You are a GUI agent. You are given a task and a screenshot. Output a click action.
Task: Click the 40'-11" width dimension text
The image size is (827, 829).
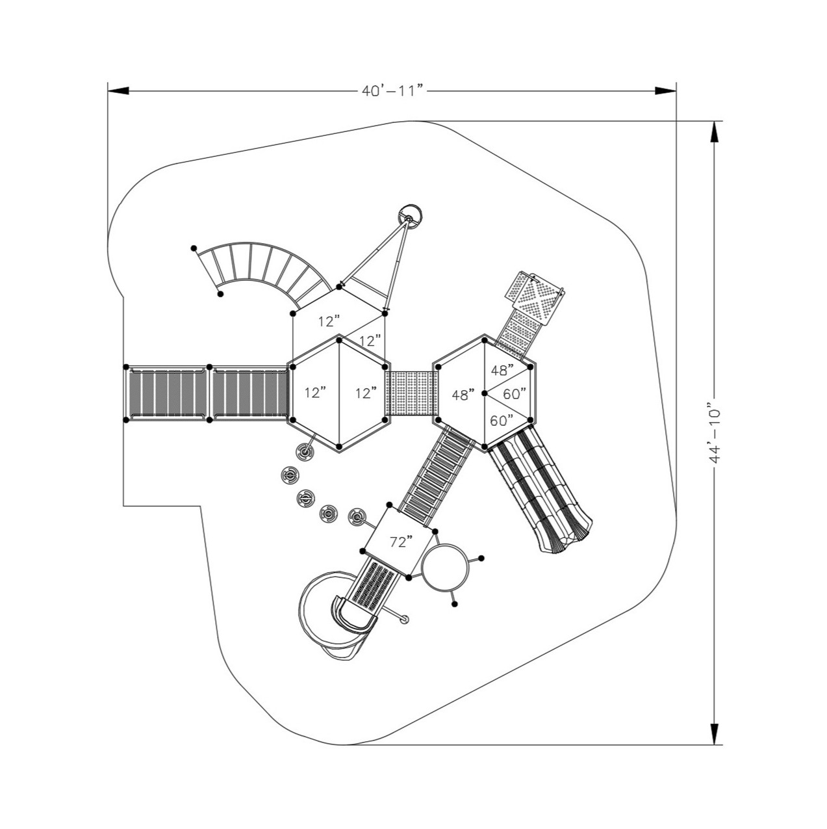[392, 90]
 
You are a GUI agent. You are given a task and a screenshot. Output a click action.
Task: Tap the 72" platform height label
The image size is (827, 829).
[401, 542]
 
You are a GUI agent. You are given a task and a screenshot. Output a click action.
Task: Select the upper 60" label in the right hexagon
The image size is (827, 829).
[515, 393]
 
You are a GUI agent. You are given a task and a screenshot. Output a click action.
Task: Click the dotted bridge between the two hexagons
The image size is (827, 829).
[411, 393]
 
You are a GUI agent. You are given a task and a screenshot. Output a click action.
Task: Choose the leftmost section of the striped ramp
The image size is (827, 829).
[166, 393]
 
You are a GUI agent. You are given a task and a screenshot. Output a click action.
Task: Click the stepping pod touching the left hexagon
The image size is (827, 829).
[305, 451]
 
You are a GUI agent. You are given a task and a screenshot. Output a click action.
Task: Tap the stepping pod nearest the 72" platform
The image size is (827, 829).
[357, 518]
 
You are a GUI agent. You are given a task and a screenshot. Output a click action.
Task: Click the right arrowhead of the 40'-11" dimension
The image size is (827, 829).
[665, 91]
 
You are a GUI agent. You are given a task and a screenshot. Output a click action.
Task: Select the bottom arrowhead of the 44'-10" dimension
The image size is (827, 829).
[715, 733]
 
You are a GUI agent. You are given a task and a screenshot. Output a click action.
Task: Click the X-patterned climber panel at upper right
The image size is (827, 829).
[537, 294]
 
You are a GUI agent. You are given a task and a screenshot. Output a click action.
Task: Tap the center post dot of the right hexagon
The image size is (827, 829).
[485, 393]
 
